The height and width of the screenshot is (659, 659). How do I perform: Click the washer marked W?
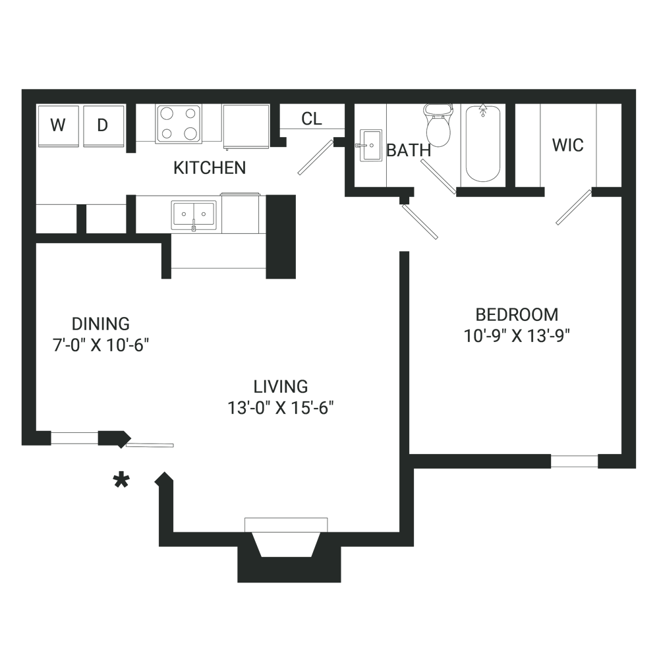[x=58, y=125]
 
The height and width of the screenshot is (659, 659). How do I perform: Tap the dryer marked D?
[x=103, y=125]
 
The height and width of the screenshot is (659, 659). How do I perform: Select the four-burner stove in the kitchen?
[x=179, y=124]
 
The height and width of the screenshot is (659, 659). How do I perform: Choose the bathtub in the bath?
[x=483, y=143]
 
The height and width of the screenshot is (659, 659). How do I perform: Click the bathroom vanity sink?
[x=370, y=145]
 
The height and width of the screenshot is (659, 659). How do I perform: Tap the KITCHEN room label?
[x=209, y=168]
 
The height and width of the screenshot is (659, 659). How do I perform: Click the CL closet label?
[x=312, y=119]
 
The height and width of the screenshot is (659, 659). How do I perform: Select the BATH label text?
[x=409, y=151]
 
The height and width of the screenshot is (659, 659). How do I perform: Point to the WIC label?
[x=568, y=145]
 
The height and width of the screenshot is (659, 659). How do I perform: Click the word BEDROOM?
[x=517, y=314]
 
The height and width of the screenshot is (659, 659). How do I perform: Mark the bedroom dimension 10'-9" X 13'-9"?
[x=517, y=336]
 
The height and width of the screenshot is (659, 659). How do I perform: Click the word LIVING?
[x=281, y=386]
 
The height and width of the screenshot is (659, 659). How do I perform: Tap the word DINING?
[x=101, y=324]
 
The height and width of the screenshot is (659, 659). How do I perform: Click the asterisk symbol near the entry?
[x=121, y=481]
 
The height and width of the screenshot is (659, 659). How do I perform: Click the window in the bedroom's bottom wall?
[x=574, y=461]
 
